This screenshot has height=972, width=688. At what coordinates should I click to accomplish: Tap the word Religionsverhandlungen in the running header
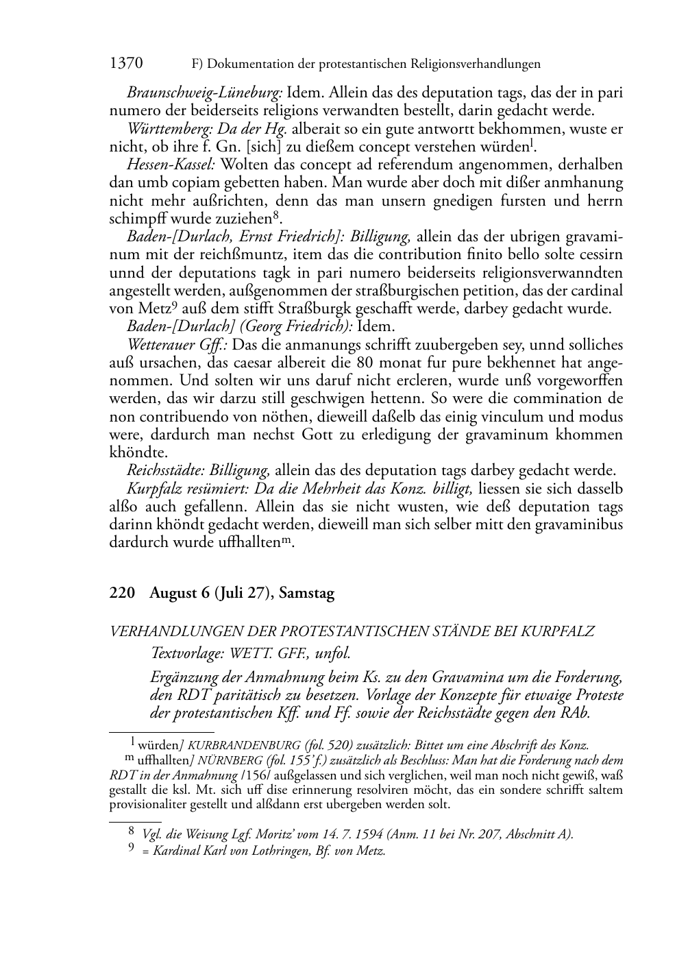coord(475,64)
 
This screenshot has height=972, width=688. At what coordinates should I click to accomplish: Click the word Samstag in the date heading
coord(306,593)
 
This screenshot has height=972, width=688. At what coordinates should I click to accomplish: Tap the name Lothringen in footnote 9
coord(264,851)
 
